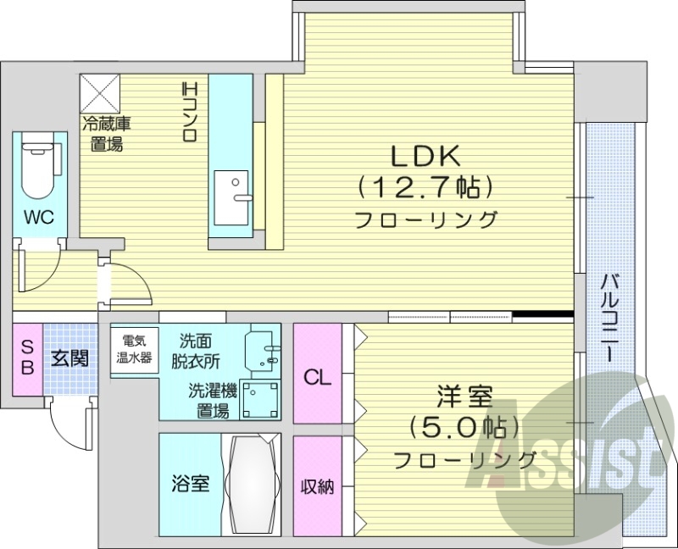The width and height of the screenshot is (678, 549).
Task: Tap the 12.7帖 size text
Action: (425, 185)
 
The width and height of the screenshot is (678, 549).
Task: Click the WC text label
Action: (38, 217)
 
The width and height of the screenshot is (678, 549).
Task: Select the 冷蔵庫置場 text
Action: (106, 134)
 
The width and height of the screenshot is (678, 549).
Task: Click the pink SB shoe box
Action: (27, 358)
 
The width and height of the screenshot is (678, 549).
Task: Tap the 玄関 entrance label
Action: (68, 358)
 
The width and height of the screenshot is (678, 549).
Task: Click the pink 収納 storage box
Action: (317, 486)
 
